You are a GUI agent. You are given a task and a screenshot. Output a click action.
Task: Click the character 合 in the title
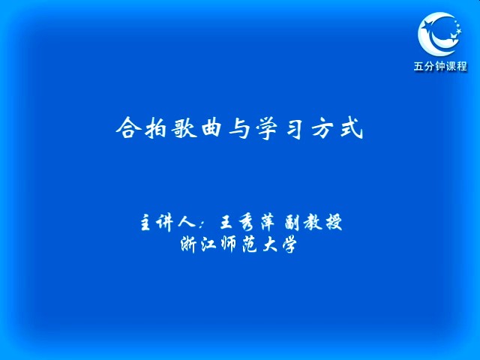(x=128, y=127)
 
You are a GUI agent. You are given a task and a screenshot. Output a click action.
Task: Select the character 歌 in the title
(x=184, y=127)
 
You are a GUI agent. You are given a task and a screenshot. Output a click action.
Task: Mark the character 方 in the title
(x=323, y=128)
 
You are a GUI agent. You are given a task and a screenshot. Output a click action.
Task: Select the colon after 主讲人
(x=202, y=223)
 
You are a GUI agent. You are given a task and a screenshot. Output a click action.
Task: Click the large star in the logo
(x=428, y=26)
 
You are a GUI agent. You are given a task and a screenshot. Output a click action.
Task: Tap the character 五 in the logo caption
(x=418, y=66)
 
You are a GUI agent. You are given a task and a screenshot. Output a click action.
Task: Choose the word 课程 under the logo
(x=457, y=66)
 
